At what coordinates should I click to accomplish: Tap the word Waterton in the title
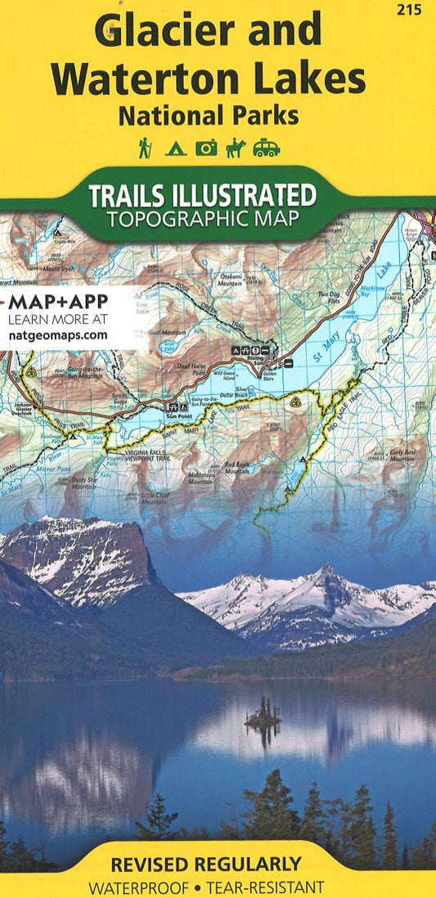(x=133, y=79)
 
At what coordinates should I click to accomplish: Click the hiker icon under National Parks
(x=145, y=147)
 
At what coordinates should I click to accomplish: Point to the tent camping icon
(x=175, y=149)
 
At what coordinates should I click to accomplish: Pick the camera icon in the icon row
(x=206, y=148)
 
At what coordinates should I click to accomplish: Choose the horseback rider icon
(x=236, y=147)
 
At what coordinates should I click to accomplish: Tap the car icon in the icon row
(x=266, y=148)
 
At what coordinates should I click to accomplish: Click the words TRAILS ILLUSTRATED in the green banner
(x=202, y=195)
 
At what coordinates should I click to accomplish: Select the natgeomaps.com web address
(x=58, y=335)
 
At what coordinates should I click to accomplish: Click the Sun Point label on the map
(x=178, y=415)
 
